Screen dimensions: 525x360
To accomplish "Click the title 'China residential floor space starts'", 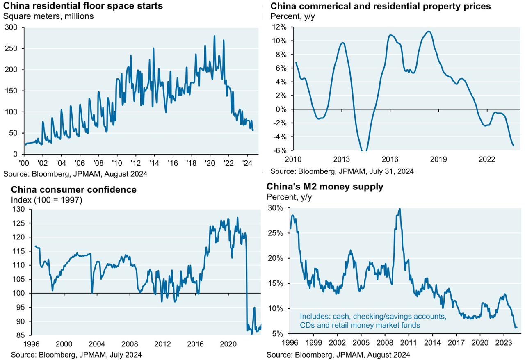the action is coord(83,6).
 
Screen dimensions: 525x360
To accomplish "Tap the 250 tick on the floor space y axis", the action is coord(11,48).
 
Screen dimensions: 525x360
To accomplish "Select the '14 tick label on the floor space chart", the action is coord(154,163).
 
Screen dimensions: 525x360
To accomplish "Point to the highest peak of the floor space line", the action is coord(215,36).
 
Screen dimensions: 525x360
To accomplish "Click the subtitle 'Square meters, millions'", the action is coord(48,16).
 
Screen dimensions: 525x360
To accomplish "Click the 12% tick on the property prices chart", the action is coord(280,27).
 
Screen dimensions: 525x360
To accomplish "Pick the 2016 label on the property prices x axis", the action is coord(390,159).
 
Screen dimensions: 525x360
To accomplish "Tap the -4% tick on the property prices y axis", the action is coord(280,137).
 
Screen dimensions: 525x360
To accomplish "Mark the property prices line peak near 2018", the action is coord(429,32).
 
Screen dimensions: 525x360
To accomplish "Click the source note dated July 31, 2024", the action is coord(342,171).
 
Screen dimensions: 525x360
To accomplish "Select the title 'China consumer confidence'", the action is coord(73,189).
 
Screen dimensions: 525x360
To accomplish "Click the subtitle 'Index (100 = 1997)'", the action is coord(47,200).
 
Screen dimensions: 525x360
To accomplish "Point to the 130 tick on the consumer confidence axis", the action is coord(18,209).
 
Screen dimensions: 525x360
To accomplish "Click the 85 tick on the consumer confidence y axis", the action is coord(20,335).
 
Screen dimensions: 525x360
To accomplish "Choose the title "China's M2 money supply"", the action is coord(325,187).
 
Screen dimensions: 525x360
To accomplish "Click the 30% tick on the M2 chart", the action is coord(276,208).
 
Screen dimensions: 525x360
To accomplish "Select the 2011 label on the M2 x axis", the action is coord(409,343).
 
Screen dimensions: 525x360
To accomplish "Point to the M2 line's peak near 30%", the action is coord(399,209).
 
